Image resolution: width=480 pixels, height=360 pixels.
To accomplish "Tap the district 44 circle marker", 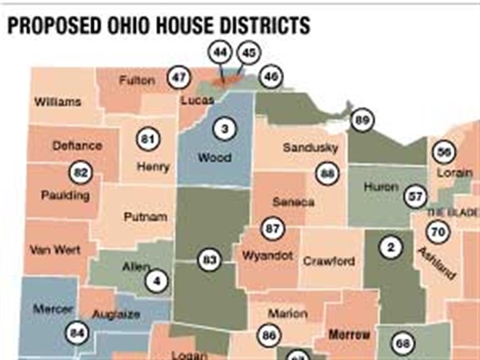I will [219, 52].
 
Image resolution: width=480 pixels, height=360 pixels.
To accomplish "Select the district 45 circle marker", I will [249, 53].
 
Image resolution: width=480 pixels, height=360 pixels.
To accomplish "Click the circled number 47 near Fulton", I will [178, 78].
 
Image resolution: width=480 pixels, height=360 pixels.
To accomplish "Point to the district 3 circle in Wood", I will [225, 129].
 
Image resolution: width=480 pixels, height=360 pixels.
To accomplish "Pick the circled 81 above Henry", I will [146, 136].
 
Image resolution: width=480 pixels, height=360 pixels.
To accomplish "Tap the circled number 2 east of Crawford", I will [390, 249].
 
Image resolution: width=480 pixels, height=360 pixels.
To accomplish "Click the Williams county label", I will [57, 102].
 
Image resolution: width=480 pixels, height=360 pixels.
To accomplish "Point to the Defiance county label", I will [77, 146].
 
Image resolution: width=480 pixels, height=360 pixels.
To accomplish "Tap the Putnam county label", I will [146, 217].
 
